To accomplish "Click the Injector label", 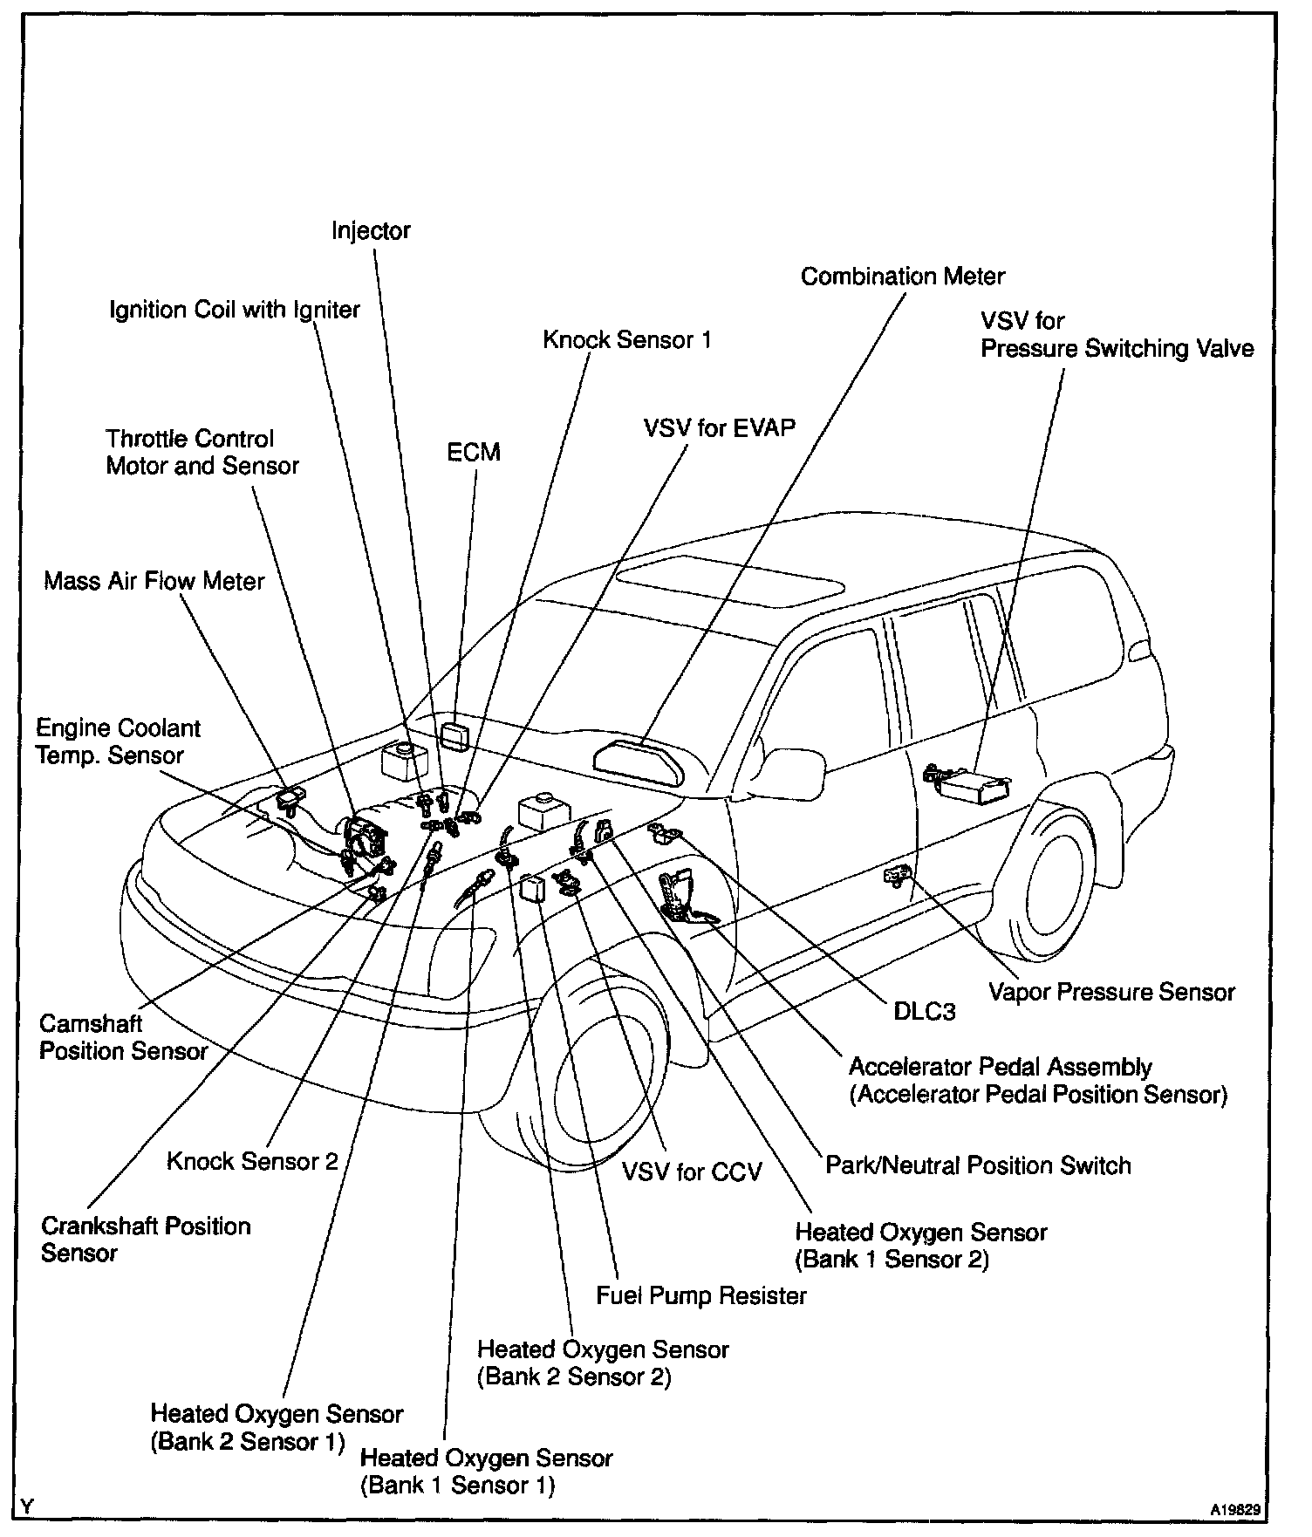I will tap(371, 231).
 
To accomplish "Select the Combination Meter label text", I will tap(902, 277).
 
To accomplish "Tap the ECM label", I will tap(474, 452).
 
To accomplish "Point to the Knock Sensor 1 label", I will tap(626, 339).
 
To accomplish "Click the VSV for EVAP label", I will tap(719, 428).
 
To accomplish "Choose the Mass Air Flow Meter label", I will tap(154, 581).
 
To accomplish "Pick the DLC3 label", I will tap(925, 1011).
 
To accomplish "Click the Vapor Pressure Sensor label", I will tap(1111, 992).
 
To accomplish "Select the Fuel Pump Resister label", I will tap(701, 1295).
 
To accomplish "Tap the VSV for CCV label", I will tap(691, 1171).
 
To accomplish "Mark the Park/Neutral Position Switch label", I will tap(977, 1165).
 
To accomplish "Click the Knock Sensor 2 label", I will tap(252, 1161).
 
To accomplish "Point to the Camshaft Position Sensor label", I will tap(123, 1037).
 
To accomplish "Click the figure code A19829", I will tap(1233, 1507).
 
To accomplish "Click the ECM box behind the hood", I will tap(455, 734).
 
